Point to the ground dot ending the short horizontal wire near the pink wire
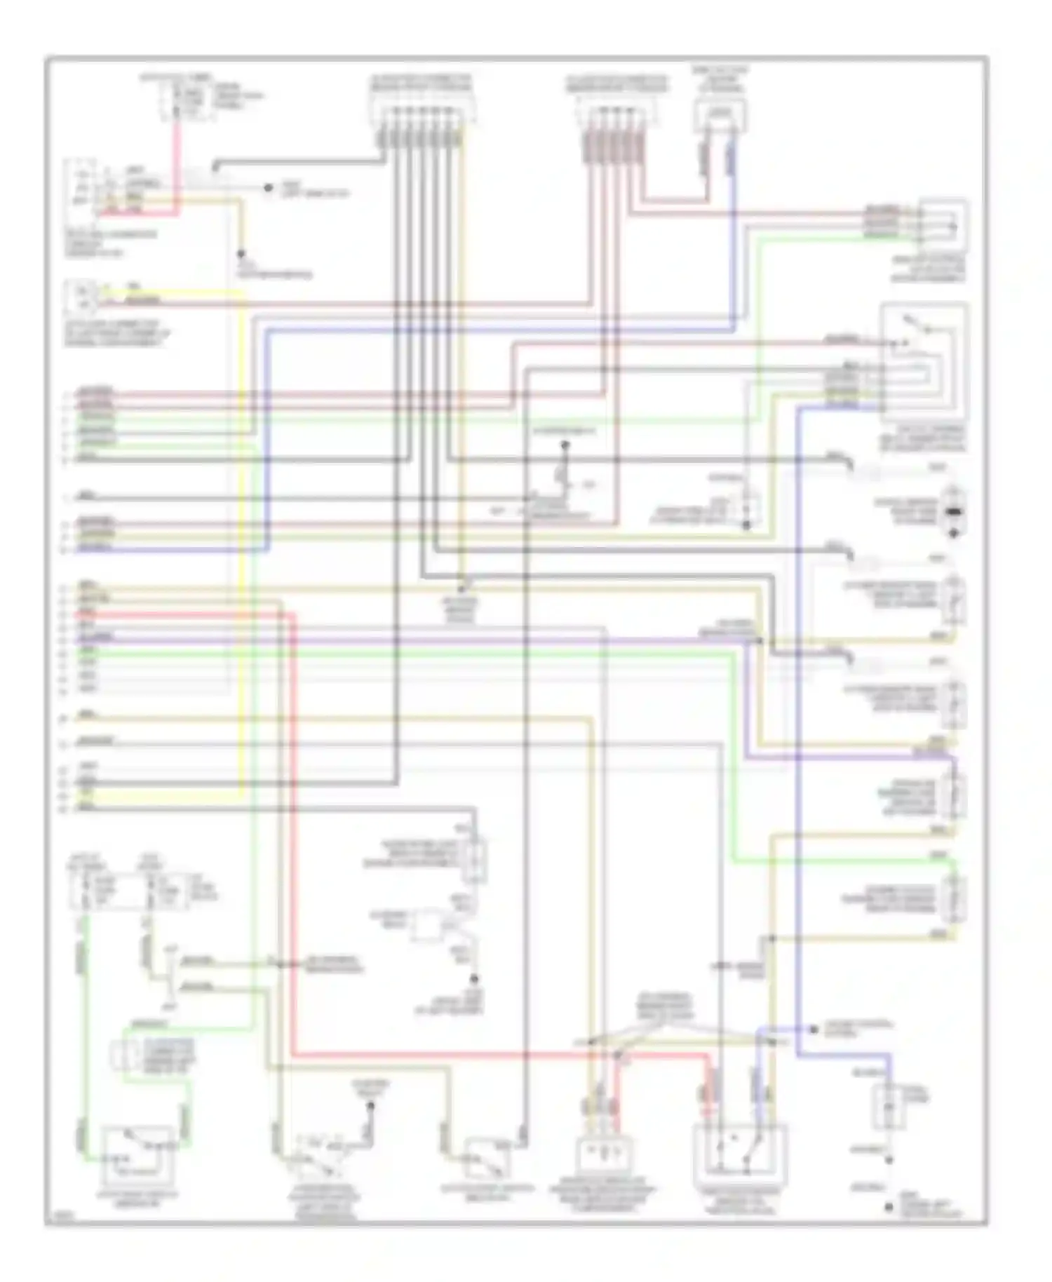268,188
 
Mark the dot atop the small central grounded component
565,445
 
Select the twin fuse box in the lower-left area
126,891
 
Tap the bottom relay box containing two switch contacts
740,1150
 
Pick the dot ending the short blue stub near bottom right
813,1030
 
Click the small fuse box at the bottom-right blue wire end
887,1107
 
